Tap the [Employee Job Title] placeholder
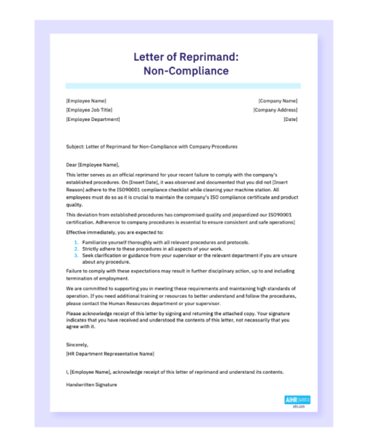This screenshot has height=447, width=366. [x=90, y=110]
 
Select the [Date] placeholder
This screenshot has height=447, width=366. [x=290, y=119]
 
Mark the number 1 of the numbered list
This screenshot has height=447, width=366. [x=75, y=243]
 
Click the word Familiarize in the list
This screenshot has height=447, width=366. [x=95, y=243]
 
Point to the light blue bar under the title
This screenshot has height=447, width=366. [x=182, y=85]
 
